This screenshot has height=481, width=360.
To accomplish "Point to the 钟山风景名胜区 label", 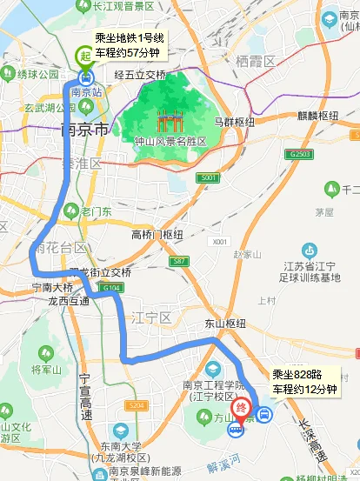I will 170,142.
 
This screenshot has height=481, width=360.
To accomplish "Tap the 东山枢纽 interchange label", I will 225,324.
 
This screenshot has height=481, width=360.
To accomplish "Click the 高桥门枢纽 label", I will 157,235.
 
